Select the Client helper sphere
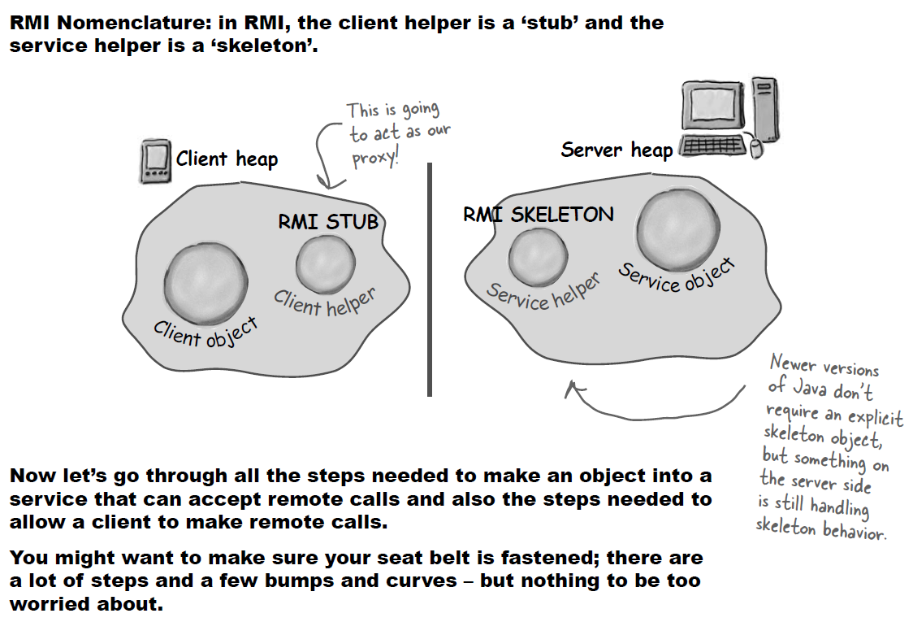coord(325,263)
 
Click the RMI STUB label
coord(328,221)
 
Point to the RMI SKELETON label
coord(538,215)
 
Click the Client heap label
coord(227,159)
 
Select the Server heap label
coord(617,150)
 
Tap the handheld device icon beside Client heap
coord(154,161)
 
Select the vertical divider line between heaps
coord(429,279)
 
